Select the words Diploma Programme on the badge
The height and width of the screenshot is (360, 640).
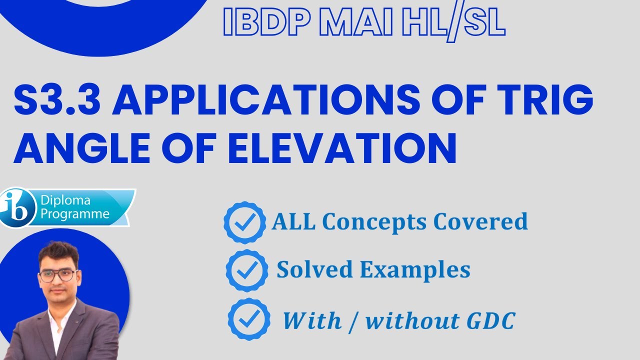pyautogui.click(x=75, y=208)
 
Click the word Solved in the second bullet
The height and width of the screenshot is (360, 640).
pyautogui.click(x=308, y=270)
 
